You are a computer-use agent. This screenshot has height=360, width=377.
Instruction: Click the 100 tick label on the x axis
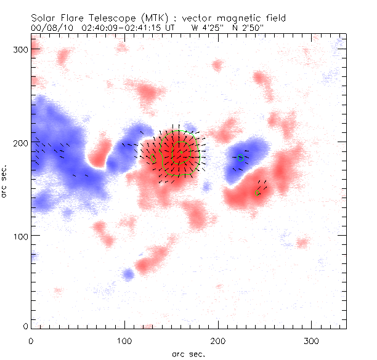(x=124, y=340)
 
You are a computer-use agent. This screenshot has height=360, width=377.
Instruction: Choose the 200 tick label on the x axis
(x=218, y=340)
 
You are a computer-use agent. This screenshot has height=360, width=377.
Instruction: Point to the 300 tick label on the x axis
(x=312, y=340)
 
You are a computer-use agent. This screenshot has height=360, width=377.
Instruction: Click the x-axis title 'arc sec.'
(x=188, y=353)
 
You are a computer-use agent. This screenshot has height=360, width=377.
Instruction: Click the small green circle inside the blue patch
(x=241, y=158)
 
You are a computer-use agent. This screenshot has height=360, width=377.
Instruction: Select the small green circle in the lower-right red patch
(x=257, y=193)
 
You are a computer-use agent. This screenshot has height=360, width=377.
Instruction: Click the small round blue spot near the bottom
(x=128, y=273)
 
